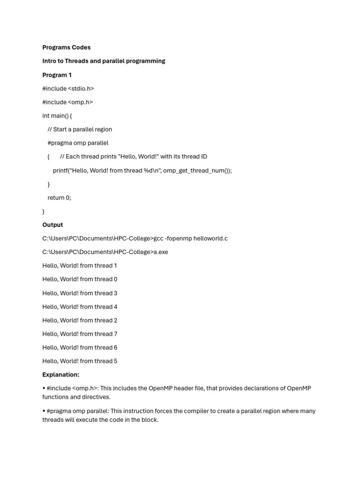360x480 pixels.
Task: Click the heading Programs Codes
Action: pyautogui.click(x=66, y=47)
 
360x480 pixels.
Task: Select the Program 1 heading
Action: pyautogui.click(x=57, y=75)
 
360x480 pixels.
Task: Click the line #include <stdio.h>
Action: pyautogui.click(x=68, y=89)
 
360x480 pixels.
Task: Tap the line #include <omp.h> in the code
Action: pyautogui.click(x=67, y=102)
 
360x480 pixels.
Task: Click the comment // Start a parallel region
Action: pyautogui.click(x=80, y=129)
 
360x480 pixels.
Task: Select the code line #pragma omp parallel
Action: pyautogui.click(x=78, y=143)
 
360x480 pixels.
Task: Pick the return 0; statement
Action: pyautogui.click(x=59, y=198)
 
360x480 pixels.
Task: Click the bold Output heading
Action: pyautogui.click(x=52, y=225)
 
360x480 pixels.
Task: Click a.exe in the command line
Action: pyautogui.click(x=161, y=252)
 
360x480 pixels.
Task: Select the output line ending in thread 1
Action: pyautogui.click(x=80, y=266)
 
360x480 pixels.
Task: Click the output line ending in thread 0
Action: pyautogui.click(x=80, y=279)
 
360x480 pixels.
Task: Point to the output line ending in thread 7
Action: pyautogui.click(x=80, y=334)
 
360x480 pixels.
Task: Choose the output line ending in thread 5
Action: pyautogui.click(x=80, y=361)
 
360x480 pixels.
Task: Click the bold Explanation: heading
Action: pyautogui.click(x=61, y=375)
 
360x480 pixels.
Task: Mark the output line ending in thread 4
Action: pyautogui.click(x=80, y=307)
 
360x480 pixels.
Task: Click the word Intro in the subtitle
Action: pyautogui.click(x=49, y=61)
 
